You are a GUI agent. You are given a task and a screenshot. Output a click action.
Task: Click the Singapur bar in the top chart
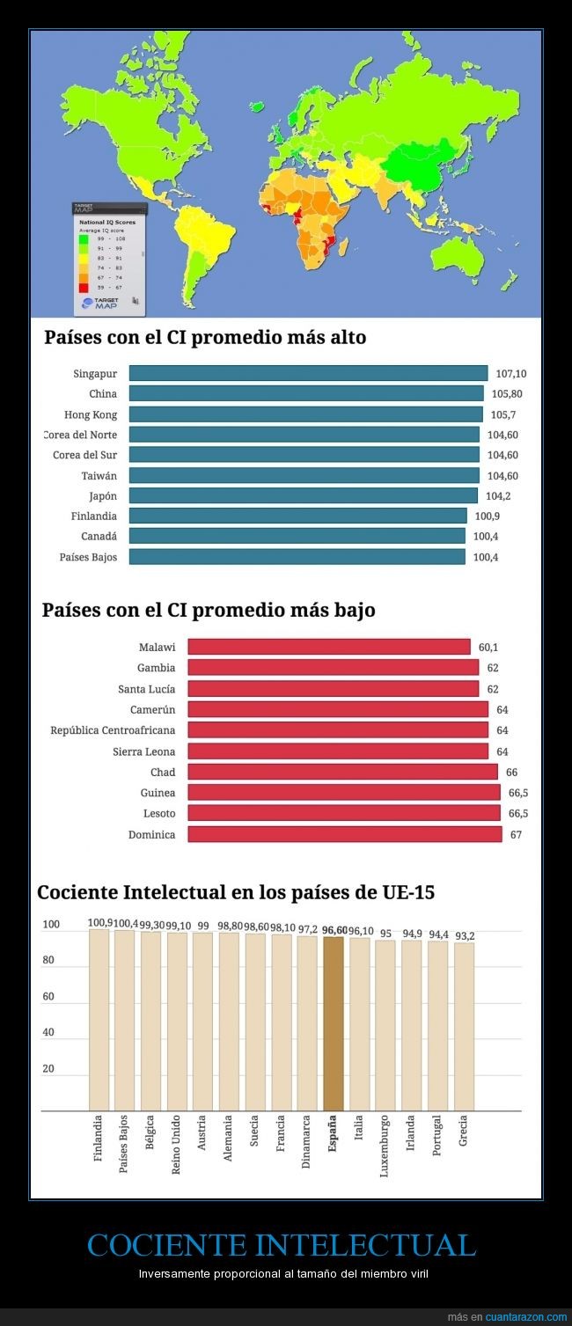coord(308,373)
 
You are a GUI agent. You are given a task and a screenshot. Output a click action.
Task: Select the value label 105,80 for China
coord(505,394)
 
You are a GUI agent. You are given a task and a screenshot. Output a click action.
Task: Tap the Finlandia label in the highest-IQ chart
coord(95,516)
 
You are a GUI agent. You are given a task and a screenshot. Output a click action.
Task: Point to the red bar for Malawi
coord(329,647)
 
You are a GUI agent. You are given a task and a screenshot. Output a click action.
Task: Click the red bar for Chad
coord(342,772)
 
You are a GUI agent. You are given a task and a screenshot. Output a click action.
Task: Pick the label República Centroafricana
coord(113,730)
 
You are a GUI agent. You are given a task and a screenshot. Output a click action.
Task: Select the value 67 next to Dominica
coord(516,834)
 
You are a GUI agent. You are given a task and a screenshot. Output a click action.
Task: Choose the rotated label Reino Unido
coord(176,1141)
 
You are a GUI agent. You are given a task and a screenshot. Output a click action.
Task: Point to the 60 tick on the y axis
coord(49,997)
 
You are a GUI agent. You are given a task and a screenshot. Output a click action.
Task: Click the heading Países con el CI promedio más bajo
coord(209,610)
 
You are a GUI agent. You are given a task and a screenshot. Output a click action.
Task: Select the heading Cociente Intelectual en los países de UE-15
coord(235,892)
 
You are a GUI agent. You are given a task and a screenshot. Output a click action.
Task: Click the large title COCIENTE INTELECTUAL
coord(282,1245)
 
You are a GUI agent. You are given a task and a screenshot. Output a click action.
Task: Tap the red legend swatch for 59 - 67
coord(84,287)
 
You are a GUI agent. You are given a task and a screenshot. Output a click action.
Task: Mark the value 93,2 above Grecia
coord(465,935)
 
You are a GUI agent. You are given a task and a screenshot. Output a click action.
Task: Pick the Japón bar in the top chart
coord(303,495)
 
